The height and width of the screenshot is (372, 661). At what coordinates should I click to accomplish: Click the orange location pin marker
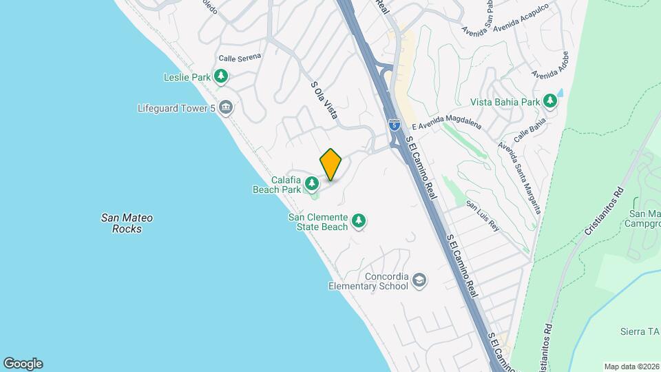pos(331,165)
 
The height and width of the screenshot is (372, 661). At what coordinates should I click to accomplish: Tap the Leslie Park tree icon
pos(220,77)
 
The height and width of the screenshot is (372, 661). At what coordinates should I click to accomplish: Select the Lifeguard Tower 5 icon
pos(226,107)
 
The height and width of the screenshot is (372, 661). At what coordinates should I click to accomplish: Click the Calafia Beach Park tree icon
pos(313,183)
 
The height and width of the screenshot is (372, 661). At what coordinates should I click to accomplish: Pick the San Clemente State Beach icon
pos(358,221)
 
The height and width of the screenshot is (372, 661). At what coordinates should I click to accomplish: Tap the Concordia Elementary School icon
pos(420,281)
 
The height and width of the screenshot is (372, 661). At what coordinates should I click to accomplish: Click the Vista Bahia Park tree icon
pos(550,102)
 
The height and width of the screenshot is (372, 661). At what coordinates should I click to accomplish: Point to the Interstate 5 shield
pos(393,125)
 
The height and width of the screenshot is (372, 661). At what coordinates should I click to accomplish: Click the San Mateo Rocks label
pos(127,223)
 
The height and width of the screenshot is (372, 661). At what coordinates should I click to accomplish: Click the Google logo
pos(23,364)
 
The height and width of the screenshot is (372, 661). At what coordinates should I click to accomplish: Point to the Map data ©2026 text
pos(630,366)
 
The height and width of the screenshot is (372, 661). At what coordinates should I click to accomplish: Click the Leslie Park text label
pos(187,77)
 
